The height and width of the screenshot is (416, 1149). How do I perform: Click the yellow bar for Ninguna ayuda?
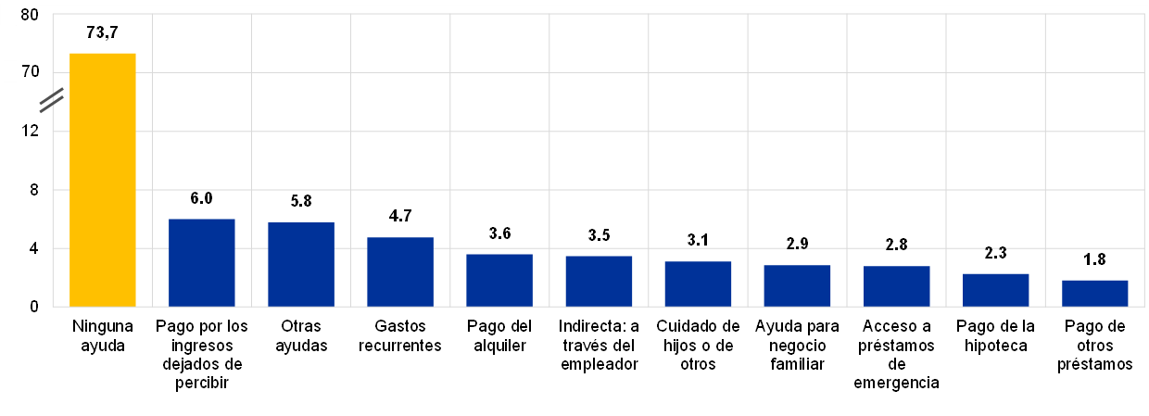coord(103,180)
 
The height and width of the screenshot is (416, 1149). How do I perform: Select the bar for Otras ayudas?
coord(301,264)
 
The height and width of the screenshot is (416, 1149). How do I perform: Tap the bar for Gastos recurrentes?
coord(400,271)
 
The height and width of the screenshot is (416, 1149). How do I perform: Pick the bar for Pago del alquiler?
coord(499,280)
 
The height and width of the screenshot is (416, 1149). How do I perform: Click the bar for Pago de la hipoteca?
coord(995,290)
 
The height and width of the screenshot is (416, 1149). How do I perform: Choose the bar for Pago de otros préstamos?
coord(1094,293)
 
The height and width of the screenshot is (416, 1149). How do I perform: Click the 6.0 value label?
coord(201,198)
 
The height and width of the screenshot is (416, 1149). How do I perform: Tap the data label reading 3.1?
coord(698,241)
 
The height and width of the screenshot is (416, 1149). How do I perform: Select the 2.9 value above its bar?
coord(797,245)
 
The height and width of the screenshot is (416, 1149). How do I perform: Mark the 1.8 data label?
coord(1094,259)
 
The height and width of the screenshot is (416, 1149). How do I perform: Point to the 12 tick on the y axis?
coord(30,132)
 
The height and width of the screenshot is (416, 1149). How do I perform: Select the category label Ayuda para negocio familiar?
coord(797,345)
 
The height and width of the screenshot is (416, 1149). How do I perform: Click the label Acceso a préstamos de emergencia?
coord(896,355)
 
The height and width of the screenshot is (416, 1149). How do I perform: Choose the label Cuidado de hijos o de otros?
coord(698,345)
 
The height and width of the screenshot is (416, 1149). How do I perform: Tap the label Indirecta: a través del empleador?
coord(599,345)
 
